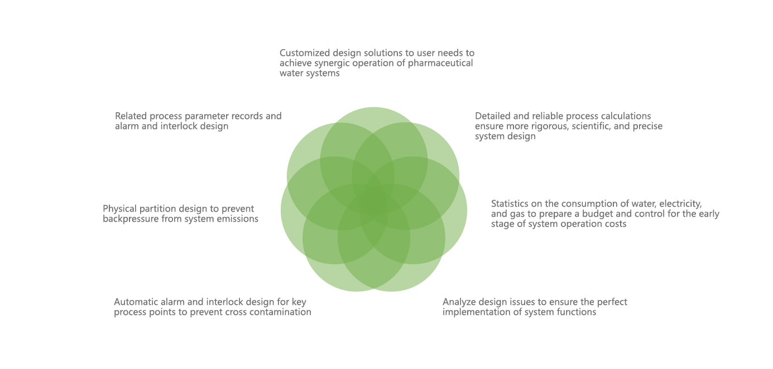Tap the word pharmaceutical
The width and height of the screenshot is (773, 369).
pyautogui.click(x=440, y=63)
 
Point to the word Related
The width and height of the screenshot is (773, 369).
pyautogui.click(x=131, y=116)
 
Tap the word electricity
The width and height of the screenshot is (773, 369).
pyautogui.click(x=680, y=204)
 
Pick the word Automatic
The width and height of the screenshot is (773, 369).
pyautogui.click(x=133, y=302)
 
